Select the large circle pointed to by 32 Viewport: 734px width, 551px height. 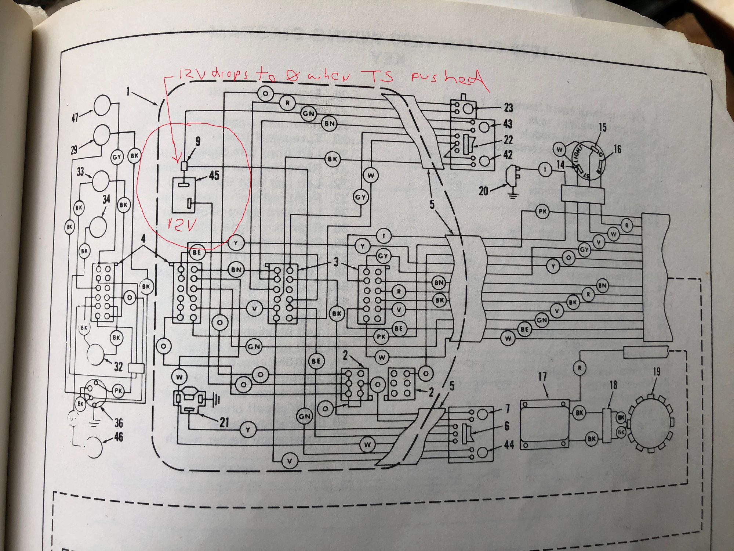point(96,354)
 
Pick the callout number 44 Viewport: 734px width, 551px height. point(509,444)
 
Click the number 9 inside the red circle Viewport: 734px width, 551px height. point(198,141)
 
